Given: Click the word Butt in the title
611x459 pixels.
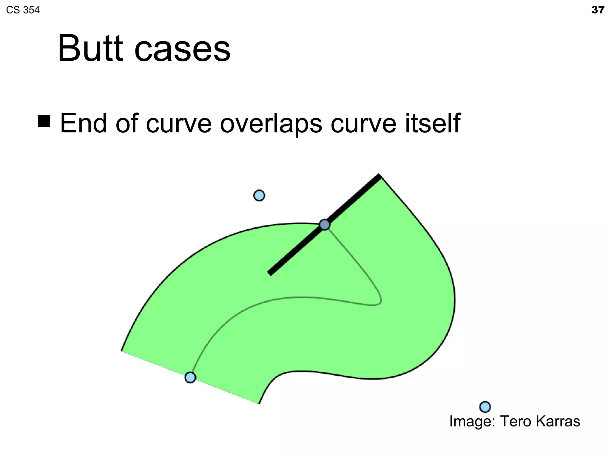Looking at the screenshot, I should [x=90, y=48].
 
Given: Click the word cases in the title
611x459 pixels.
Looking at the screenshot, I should [x=182, y=49].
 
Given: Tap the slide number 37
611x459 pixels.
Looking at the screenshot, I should [x=598, y=10].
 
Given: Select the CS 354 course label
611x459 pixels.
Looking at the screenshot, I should [x=23, y=10].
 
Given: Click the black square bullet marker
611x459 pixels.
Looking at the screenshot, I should [x=44, y=121].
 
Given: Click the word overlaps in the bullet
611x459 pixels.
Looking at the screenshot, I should [x=271, y=123].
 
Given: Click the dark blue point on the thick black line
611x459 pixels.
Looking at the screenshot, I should [x=325, y=224].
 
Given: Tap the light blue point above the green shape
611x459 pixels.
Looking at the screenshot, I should [x=259, y=195].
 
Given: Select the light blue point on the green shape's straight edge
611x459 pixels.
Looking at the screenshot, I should [x=190, y=377].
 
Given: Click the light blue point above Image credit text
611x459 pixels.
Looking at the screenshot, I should [x=485, y=407].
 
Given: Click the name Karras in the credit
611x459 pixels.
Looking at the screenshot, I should [x=558, y=421].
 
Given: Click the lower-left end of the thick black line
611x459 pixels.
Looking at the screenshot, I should [x=270, y=273].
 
